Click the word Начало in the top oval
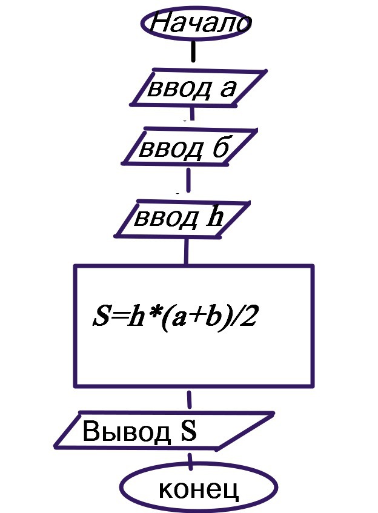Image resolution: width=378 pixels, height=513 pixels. [x=201, y=22]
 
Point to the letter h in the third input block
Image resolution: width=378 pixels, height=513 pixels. [x=214, y=216]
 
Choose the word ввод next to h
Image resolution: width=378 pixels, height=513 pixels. [x=166, y=218]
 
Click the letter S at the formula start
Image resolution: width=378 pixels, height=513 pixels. [x=101, y=317]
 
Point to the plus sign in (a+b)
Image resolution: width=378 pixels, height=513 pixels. [x=193, y=318]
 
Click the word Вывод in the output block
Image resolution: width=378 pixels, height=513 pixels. [x=127, y=432]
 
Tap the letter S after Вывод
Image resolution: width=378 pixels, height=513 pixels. [x=188, y=431]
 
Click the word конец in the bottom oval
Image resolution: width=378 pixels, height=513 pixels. [x=199, y=490]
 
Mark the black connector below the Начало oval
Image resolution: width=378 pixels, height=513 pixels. [x=194, y=51]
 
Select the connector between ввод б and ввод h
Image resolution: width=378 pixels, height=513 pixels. [x=188, y=180]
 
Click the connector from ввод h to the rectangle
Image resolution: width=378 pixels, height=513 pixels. [x=186, y=251]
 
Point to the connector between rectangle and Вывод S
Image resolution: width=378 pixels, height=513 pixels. [x=189, y=399]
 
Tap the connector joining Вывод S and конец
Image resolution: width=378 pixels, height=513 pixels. [x=190, y=459]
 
